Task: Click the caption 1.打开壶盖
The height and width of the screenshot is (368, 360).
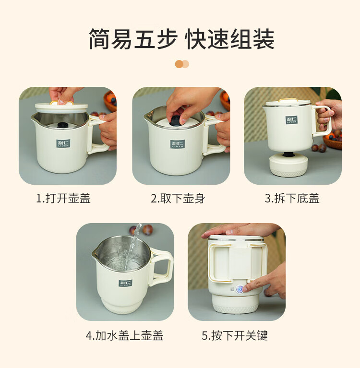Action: coord(63,198)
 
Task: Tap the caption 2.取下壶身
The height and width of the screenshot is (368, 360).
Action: coord(178,198)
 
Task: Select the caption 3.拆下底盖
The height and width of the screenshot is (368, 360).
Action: coord(292,198)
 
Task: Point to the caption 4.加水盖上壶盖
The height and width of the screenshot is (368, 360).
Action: coord(124,335)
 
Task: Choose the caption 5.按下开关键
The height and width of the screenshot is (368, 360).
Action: coord(235,335)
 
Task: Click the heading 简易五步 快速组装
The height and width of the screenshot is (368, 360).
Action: coord(181,39)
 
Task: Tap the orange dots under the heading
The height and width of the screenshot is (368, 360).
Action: coord(182,64)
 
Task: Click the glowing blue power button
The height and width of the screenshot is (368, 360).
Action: coord(240,289)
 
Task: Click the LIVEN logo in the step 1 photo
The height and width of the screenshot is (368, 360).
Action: coord(63,143)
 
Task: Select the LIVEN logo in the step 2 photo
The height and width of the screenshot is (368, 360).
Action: coord(178,144)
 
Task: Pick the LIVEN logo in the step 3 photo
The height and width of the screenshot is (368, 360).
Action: coord(291,120)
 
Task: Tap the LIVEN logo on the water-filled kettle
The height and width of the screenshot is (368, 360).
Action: coord(125,283)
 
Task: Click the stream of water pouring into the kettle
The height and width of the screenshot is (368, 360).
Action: coord(132,247)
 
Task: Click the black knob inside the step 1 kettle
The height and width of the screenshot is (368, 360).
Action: coord(63,125)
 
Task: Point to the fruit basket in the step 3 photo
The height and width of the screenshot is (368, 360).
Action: coord(333,142)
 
